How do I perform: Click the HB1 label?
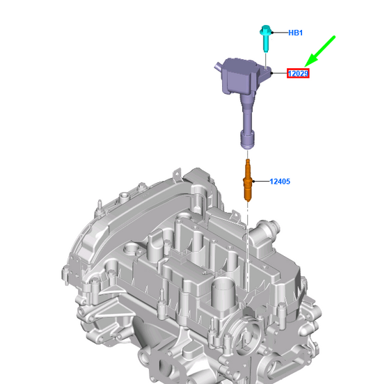[295, 33]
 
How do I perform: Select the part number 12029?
[298, 74]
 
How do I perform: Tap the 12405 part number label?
[280, 182]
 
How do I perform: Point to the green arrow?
[319, 51]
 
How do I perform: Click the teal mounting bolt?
[265, 38]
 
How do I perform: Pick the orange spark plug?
[248, 180]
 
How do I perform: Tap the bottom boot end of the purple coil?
[247, 140]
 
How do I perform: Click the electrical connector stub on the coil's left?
[218, 67]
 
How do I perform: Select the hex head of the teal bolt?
[265, 30]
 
